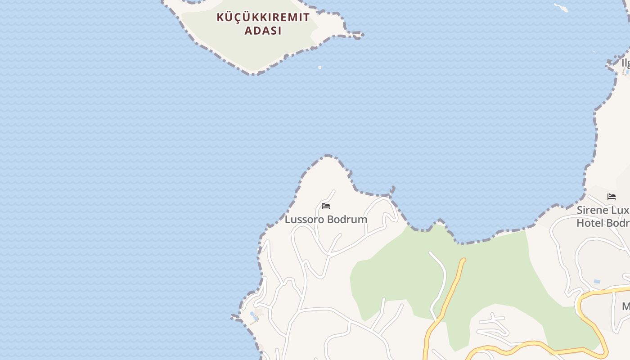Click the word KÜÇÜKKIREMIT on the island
tap(263, 18)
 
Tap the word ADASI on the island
tap(263, 31)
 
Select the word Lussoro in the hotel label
tap(304, 220)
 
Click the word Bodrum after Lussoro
tap(347, 220)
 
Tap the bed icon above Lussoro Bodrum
tap(326, 206)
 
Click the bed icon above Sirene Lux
tap(611, 196)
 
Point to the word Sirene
tap(594, 210)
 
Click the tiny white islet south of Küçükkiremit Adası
tap(319, 67)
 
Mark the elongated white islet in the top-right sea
tap(561, 8)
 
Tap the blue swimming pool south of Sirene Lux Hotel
tap(597, 282)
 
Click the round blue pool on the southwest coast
tap(252, 314)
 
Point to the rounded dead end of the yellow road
tap(463, 260)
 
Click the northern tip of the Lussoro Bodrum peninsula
tap(328, 157)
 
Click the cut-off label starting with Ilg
tap(625, 63)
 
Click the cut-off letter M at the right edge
tap(626, 306)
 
